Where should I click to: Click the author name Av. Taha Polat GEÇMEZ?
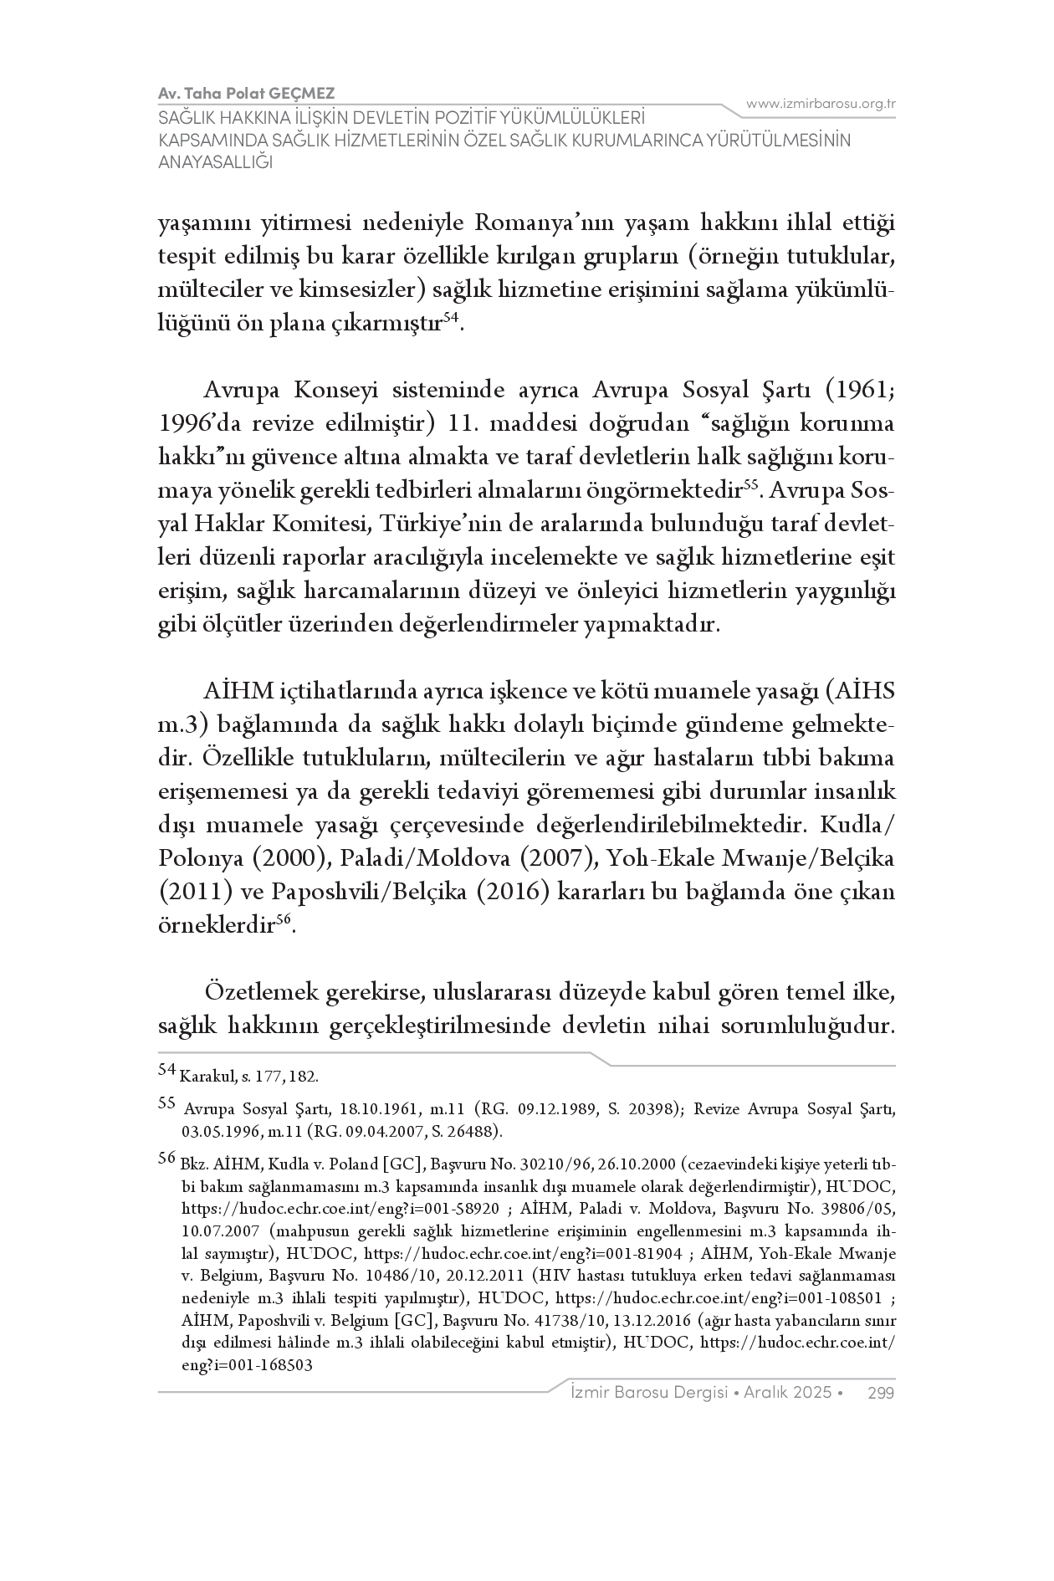click(x=247, y=93)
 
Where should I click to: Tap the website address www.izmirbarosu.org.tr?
click(x=821, y=104)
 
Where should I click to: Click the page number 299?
click(x=882, y=1393)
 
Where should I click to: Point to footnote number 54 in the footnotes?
click(x=166, y=1069)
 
